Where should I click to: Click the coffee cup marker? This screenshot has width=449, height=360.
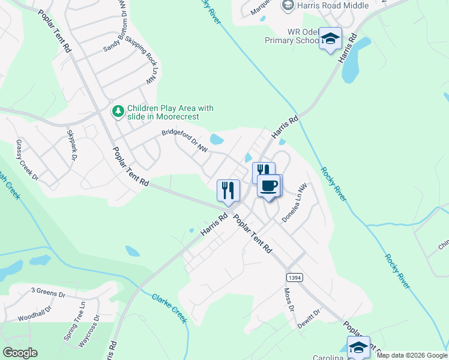tap(270, 185)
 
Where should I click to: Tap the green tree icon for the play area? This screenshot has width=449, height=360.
tap(118, 111)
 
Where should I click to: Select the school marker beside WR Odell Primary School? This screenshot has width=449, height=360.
tap(330, 39)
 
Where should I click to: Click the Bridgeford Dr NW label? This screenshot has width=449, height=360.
tap(184, 142)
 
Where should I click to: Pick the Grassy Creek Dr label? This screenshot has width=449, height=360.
tap(27, 160)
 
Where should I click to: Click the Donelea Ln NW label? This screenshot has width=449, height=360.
tap(294, 203)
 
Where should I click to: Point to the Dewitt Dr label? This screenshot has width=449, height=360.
tap(310, 319)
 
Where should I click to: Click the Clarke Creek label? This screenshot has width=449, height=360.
tap(169, 308)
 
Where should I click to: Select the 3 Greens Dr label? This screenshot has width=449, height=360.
tap(47, 293)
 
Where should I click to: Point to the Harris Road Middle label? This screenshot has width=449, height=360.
tap(327, 6)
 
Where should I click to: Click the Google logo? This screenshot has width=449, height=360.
tap(20, 353)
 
